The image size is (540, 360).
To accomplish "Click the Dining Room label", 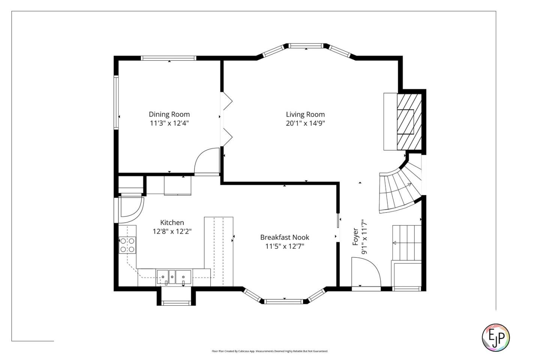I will [x=169, y=114].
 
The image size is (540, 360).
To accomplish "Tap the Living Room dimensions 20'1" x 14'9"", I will [x=305, y=123].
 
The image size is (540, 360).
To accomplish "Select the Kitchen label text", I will [x=172, y=222].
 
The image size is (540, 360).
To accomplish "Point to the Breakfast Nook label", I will [x=285, y=237].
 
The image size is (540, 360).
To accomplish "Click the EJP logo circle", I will [x=495, y=337].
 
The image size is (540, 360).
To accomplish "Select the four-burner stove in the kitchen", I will [x=127, y=245].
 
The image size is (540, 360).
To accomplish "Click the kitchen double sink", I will [x=174, y=277].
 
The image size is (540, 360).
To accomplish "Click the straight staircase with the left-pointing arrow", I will [x=406, y=243].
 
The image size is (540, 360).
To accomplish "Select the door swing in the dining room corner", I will [x=207, y=161].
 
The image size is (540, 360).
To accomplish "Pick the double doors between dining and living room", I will [x=226, y=118].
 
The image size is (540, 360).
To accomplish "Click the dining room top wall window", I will [x=168, y=58].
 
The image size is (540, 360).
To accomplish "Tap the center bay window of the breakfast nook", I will [x=284, y=301].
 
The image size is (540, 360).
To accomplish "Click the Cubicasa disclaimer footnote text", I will [x=270, y=351].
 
